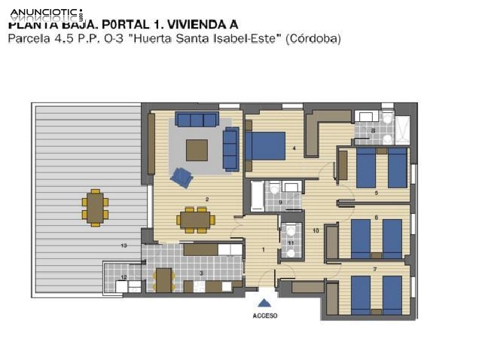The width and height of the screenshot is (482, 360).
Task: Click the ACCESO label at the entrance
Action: click(x=264, y=316)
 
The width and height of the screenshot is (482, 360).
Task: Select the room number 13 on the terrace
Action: click(x=124, y=246)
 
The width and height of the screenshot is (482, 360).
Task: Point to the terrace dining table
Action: click(x=95, y=207)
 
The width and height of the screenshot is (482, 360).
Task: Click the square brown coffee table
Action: click(x=197, y=150)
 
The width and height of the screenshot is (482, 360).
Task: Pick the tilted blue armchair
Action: click(x=182, y=177)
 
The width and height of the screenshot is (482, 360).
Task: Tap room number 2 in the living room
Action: click(x=206, y=199)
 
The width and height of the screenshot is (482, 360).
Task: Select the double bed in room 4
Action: click(x=264, y=145)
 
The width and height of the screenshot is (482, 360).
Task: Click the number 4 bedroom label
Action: click(x=294, y=148)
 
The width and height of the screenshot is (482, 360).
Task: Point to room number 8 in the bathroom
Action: click(x=374, y=131)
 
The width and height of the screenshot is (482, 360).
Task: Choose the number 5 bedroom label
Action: click(x=376, y=193)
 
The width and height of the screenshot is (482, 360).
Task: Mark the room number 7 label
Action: click(x=374, y=269)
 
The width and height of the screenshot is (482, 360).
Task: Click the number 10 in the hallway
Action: click(x=316, y=230)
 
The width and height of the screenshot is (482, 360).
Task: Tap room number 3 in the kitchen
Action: click(x=201, y=273)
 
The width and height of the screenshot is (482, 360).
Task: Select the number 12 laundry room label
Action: click(x=124, y=277)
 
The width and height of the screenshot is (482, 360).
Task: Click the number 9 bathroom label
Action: click(x=280, y=202)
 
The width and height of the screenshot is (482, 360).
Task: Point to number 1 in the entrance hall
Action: click(x=264, y=249)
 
